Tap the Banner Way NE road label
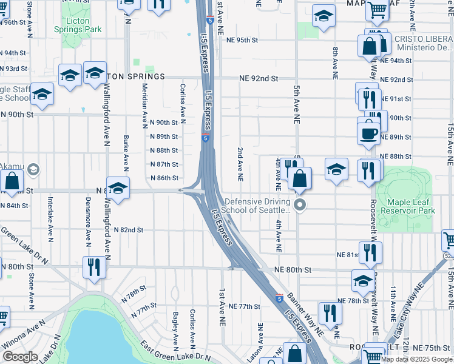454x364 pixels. pos(305,312)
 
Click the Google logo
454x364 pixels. pos(20,357)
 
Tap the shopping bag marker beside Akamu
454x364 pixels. pos(12,180)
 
